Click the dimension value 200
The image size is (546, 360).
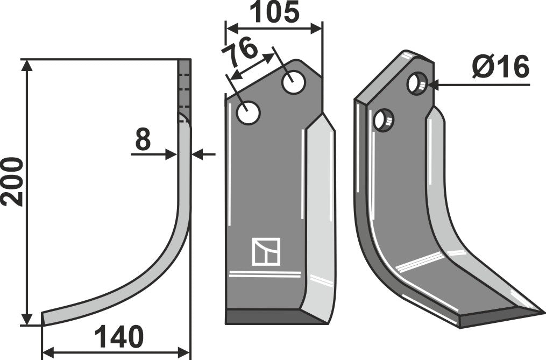[x=12, y=181]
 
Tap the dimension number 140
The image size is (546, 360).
[x=119, y=337]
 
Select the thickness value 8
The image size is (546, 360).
[x=142, y=140]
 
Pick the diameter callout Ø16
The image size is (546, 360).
[x=500, y=68]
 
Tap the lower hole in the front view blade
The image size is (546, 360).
[x=249, y=114]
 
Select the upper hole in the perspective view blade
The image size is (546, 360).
[x=417, y=83]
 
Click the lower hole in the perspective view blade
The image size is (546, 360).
[x=384, y=119]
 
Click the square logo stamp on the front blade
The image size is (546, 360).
[x=266, y=251]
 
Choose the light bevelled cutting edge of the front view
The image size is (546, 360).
[x=320, y=215]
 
